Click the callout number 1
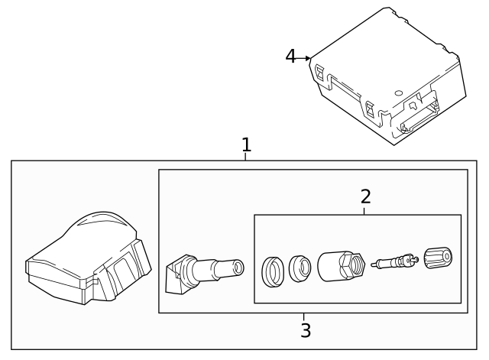(245, 144)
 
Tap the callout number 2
(365, 196)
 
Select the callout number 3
(305, 330)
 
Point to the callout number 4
(290, 57)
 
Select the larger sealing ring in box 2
(272, 270)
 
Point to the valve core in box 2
(394, 262)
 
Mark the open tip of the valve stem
(238, 268)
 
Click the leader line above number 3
(304, 317)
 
